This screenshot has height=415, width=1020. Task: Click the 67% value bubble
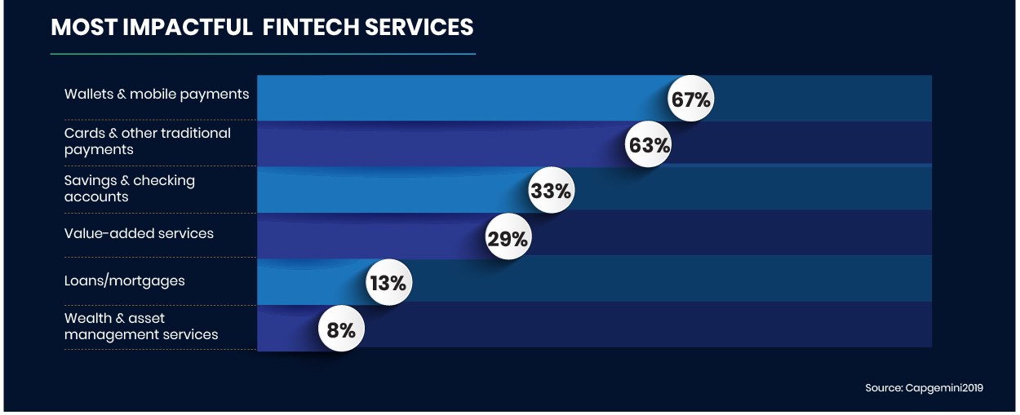pos(691,99)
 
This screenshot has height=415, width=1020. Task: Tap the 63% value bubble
pos(649,145)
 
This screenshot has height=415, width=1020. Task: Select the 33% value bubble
pos(551,192)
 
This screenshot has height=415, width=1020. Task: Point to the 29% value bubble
pos(508,238)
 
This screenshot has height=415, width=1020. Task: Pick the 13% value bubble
pos(387,284)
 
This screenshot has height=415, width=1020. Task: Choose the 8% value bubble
pos(340,329)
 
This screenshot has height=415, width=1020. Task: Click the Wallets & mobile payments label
pos(157,95)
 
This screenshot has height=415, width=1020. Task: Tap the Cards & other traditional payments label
pos(148,141)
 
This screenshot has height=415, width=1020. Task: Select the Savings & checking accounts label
pos(130,188)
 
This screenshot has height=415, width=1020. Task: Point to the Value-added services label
pos(139,234)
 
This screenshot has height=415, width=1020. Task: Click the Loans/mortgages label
pos(125,281)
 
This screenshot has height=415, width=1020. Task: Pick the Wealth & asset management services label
pos(141,326)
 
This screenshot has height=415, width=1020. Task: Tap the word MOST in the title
pos(76,27)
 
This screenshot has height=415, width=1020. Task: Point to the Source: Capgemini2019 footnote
pos(924,388)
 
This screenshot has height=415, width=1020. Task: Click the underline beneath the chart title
pos(263,54)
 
